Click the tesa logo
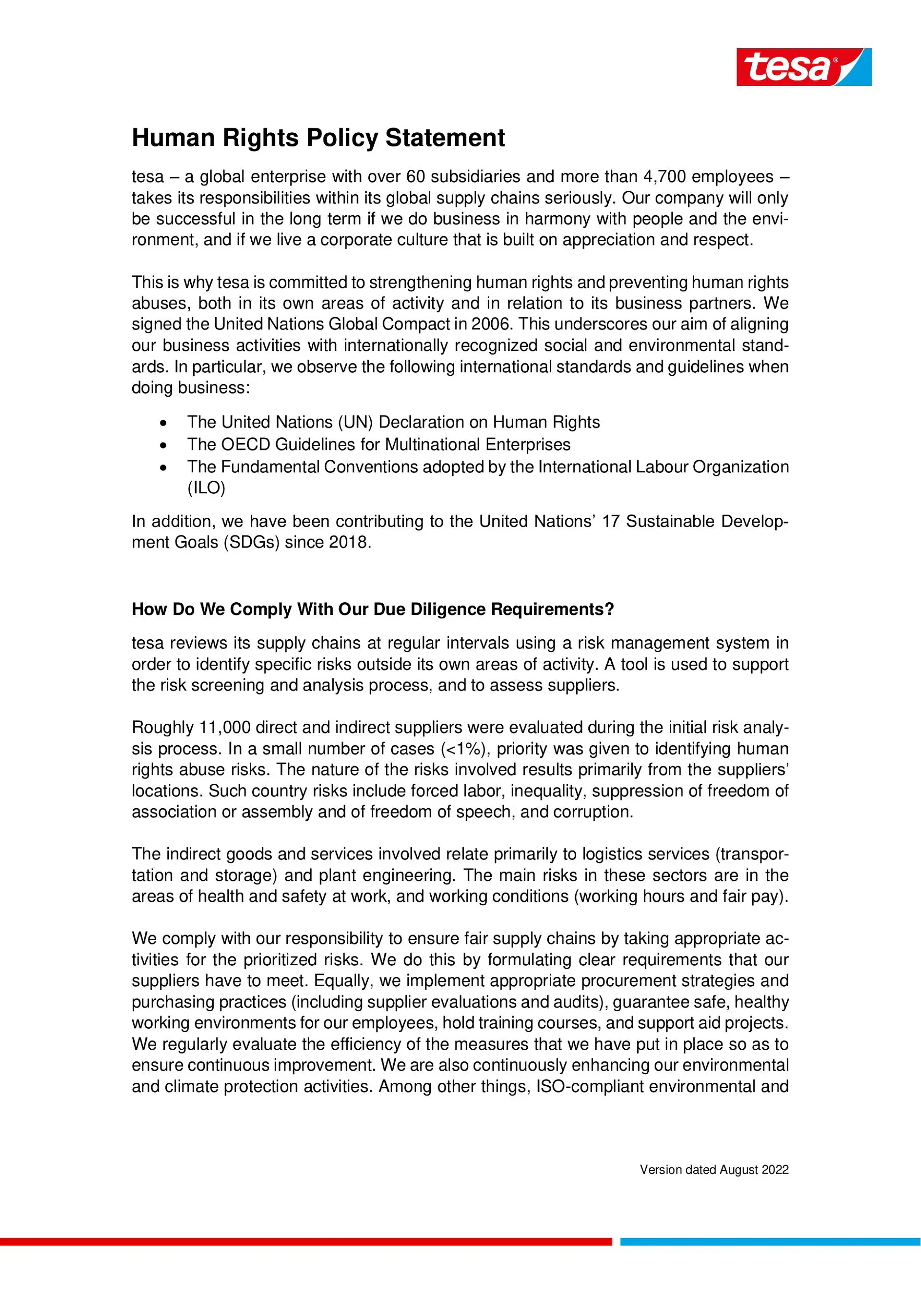[x=803, y=67]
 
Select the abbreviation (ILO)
[x=206, y=488]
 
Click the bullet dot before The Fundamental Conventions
[x=163, y=468]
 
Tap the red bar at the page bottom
[x=306, y=1242]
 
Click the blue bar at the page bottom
[x=770, y=1242]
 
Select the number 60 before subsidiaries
[x=416, y=177]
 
